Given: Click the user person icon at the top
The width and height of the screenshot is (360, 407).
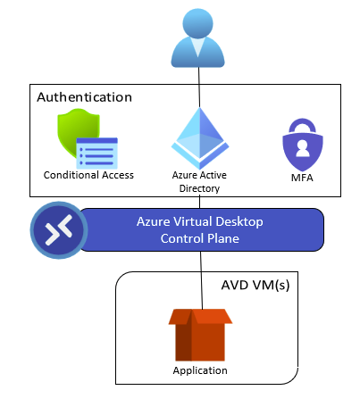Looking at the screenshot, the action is tap(197, 38).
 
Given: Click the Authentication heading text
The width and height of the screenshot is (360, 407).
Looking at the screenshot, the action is tap(85, 97).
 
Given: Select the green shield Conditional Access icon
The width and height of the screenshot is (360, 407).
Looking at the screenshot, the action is tap(88, 138).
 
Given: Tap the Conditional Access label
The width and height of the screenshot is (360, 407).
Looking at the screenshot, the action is tap(88, 175).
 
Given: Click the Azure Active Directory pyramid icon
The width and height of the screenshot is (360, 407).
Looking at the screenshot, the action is tap(200, 138).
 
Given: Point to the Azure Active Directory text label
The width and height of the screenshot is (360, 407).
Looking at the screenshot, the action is tap(199, 181).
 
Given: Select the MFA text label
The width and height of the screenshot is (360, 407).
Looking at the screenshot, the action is tap(302, 178).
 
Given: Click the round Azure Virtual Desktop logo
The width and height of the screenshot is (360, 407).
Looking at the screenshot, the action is tap(59, 230).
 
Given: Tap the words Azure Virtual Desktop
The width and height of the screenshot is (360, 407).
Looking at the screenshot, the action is tap(200, 221).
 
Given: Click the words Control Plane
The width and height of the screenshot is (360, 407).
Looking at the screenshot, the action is tap(200, 238).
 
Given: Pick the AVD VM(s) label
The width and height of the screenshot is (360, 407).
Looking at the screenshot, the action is tap(255, 285).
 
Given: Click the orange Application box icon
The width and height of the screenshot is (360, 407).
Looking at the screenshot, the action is tap(200, 335).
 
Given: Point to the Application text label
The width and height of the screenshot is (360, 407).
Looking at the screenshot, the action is tap(200, 370).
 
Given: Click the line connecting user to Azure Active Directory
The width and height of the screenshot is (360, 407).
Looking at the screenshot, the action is tap(199, 87).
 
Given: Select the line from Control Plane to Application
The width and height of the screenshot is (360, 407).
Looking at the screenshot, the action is tap(201, 280).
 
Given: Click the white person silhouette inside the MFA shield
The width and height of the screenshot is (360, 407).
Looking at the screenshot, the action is tap(303, 148).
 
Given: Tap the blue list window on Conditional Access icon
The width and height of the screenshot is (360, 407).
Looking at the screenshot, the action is tap(97, 154).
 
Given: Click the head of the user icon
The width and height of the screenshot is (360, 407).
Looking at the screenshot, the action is tap(197, 23).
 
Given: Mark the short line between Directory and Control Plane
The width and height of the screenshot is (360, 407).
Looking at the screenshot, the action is tap(199, 201).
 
